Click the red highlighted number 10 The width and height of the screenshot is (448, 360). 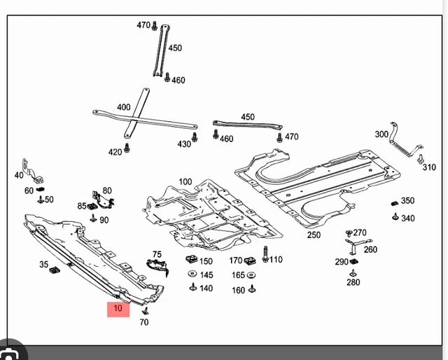pyautogui.click(x=118, y=308)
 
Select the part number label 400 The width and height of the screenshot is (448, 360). pyautogui.click(x=123, y=107)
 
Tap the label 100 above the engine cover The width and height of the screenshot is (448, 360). pyautogui.click(x=185, y=182)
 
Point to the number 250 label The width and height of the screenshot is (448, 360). pyautogui.click(x=313, y=235)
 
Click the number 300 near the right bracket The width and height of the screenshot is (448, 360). pyautogui.click(x=381, y=134)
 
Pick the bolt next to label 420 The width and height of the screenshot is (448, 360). pyautogui.click(x=127, y=149)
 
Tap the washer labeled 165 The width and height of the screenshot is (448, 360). pyautogui.click(x=251, y=275)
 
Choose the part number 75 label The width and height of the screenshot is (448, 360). pyautogui.click(x=157, y=255)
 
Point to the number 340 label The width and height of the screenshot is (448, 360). pyautogui.click(x=407, y=219)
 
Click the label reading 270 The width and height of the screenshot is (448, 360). pyautogui.click(x=360, y=233)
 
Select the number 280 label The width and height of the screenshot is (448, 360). pyautogui.click(x=353, y=283)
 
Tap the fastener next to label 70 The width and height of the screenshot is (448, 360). pyautogui.click(x=146, y=310)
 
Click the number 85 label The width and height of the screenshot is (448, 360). pyautogui.click(x=82, y=206)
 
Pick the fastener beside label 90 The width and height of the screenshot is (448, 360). pyautogui.click(x=93, y=218)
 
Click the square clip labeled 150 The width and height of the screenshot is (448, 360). pyautogui.click(x=190, y=261)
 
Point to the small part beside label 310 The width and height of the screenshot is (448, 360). pyautogui.click(x=421, y=159)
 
